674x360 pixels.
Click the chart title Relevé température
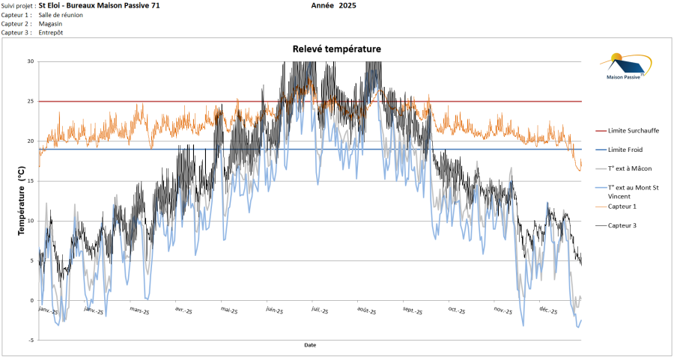336,49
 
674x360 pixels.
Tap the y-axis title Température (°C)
21,201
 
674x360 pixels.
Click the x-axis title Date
310,345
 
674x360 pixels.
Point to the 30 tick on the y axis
30,61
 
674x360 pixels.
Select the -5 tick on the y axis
30,341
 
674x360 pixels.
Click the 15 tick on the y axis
30,181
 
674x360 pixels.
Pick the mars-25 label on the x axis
140,309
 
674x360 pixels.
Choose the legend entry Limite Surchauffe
634,130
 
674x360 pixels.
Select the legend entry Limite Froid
627,149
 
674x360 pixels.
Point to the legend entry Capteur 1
622,206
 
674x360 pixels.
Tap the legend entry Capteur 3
622,225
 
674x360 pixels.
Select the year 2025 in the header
347,5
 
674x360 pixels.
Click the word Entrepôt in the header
52,32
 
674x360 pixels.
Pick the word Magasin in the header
51,23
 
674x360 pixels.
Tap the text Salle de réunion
61,14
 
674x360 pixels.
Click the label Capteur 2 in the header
16,23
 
